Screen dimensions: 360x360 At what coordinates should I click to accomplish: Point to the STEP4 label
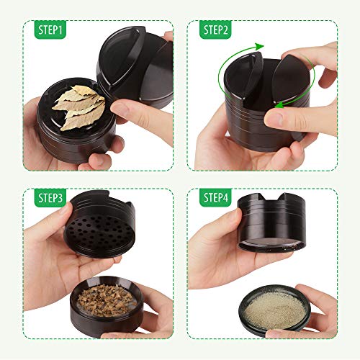[x=215, y=197]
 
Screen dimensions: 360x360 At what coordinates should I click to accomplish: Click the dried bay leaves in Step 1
[x=79, y=107]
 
